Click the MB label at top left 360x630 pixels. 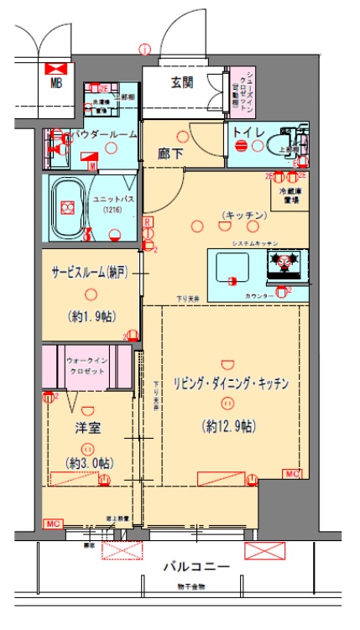click(x=56, y=82)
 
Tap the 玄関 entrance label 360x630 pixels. click(x=182, y=82)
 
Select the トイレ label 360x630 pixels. click(x=249, y=133)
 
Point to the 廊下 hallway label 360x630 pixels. click(x=170, y=154)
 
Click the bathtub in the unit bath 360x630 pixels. click(x=66, y=209)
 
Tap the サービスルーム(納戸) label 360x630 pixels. click(x=91, y=274)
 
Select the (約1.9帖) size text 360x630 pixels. click(x=91, y=316)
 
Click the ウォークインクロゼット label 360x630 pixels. click(x=88, y=364)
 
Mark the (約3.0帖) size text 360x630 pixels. click(x=88, y=463)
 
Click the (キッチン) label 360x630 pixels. click(x=244, y=216)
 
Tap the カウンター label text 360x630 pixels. click(x=259, y=296)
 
